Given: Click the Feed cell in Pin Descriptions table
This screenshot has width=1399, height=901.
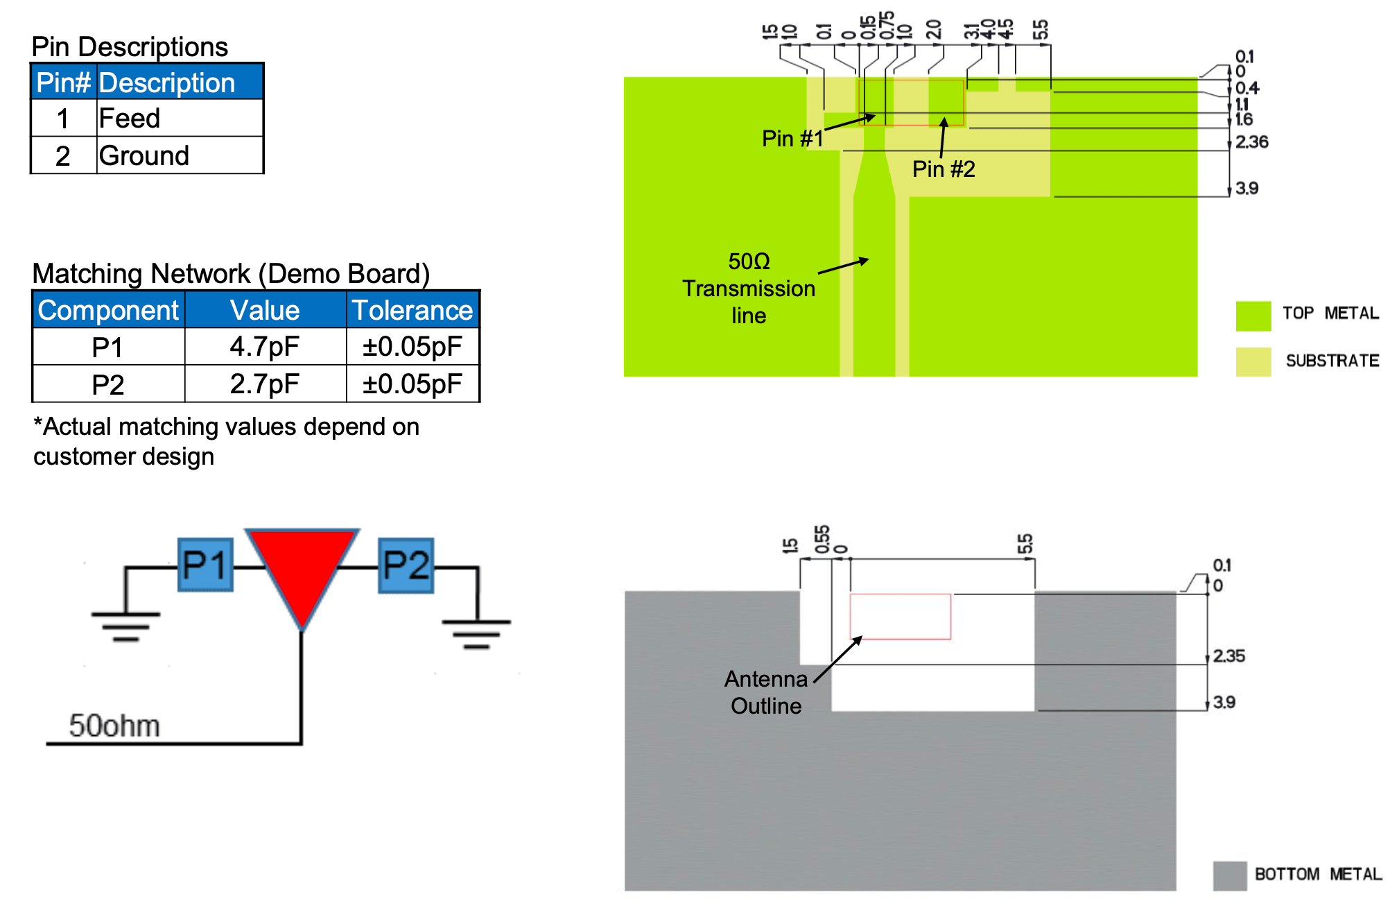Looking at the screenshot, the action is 180,118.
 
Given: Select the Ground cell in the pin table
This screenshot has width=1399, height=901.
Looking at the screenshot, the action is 180,155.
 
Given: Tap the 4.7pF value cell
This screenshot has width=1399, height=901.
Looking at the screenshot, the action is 265,346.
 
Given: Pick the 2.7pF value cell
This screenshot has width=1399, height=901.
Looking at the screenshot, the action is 265,384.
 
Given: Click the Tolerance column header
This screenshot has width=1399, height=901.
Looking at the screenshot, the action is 412,310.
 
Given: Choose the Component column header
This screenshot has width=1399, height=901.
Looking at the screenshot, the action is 109,310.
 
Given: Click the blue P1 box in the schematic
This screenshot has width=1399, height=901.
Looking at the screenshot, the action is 205,565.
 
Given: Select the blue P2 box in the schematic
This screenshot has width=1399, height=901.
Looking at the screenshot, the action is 406,565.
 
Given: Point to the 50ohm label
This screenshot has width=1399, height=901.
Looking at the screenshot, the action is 114,726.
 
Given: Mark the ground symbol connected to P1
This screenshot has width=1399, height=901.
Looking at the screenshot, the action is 125,626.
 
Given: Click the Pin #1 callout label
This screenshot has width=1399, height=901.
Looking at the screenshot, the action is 792,139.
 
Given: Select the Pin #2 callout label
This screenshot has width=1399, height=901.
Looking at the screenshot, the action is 944,169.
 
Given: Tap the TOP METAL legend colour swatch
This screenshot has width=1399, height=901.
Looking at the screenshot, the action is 1253,316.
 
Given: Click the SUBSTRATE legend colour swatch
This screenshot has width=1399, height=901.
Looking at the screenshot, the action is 1253,362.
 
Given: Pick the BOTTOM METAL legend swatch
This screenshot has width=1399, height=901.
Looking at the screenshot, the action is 1230,876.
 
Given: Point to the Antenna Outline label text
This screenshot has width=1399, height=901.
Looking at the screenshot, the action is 766,692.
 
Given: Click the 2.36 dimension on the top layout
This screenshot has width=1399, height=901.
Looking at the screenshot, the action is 1252,142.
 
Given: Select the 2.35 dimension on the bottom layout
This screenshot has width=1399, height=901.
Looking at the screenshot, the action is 1229,656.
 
